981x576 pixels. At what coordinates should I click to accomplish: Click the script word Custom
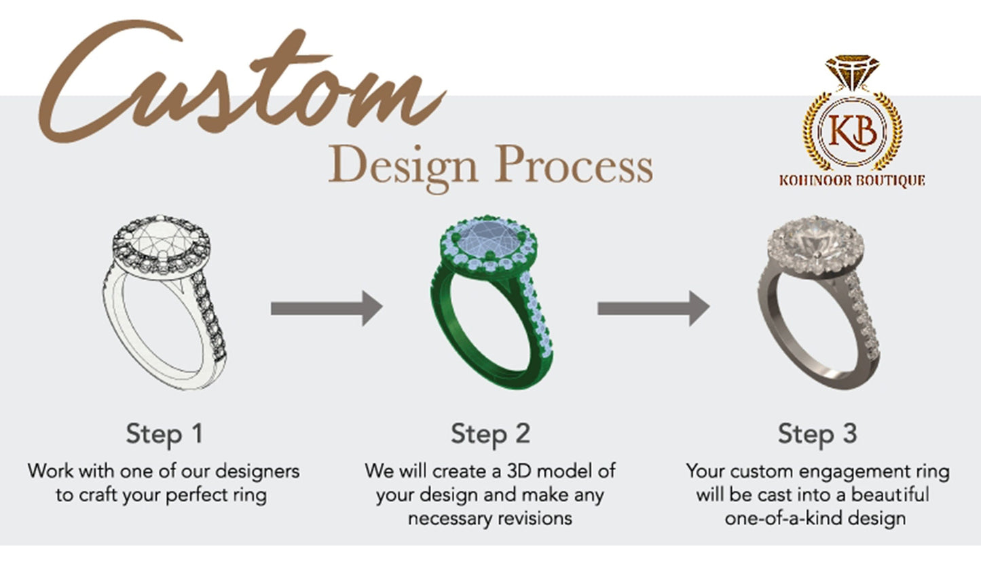coord(238,85)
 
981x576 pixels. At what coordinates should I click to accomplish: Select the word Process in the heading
coord(574,165)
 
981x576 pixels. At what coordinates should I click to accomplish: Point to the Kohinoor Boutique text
coord(852,180)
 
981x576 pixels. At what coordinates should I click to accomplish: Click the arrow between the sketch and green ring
coord(326,308)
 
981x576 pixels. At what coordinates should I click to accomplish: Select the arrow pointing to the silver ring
coord(652,308)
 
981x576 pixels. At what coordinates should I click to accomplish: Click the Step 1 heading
coord(164,434)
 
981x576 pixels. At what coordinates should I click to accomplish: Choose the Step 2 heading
coord(490,434)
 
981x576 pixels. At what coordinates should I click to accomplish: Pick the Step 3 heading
coord(817,434)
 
